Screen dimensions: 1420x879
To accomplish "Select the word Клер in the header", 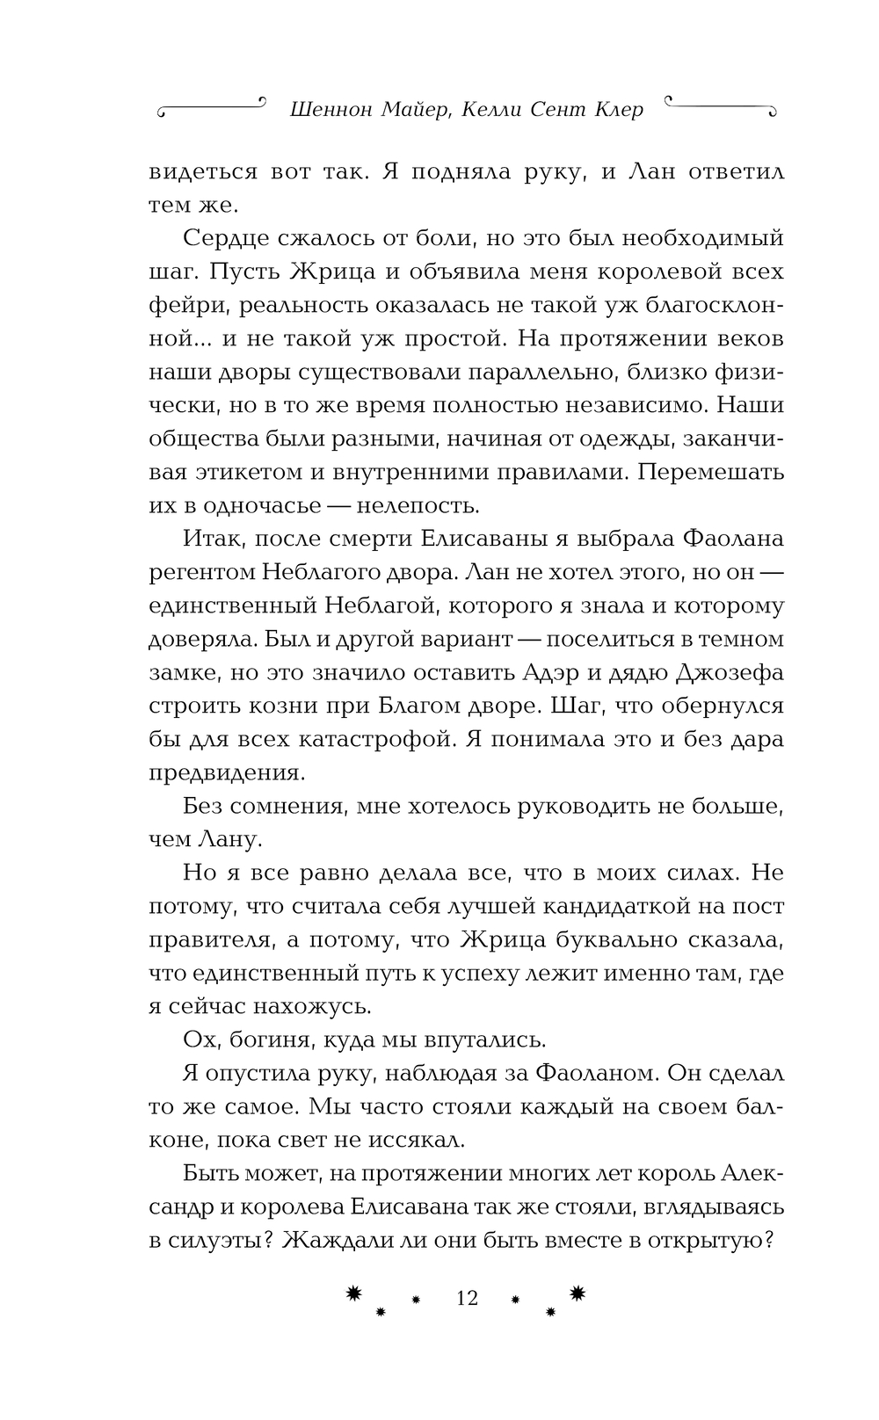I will tap(614, 110).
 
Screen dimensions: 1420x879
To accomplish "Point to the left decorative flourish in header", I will tap(210, 107).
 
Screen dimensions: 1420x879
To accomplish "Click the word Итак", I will tap(208, 539).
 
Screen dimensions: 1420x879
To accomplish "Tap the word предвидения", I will tap(226, 772).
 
